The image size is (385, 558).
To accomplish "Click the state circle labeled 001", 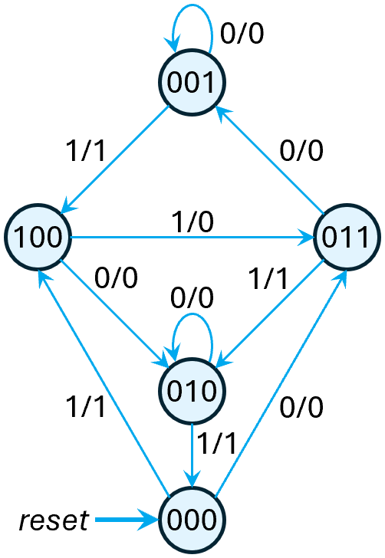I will pyautogui.click(x=192, y=84).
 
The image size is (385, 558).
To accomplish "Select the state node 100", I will pyautogui.click(x=38, y=237).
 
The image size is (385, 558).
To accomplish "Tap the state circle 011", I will pyautogui.click(x=346, y=237).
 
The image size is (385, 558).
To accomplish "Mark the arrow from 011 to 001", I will pyautogui.click(x=268, y=160).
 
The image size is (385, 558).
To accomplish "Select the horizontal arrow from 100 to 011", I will pyautogui.click(x=192, y=237).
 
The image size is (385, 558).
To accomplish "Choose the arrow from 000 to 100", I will pyautogui.click(x=104, y=383).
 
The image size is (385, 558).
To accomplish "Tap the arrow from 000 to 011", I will pyautogui.click(x=280, y=383).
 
